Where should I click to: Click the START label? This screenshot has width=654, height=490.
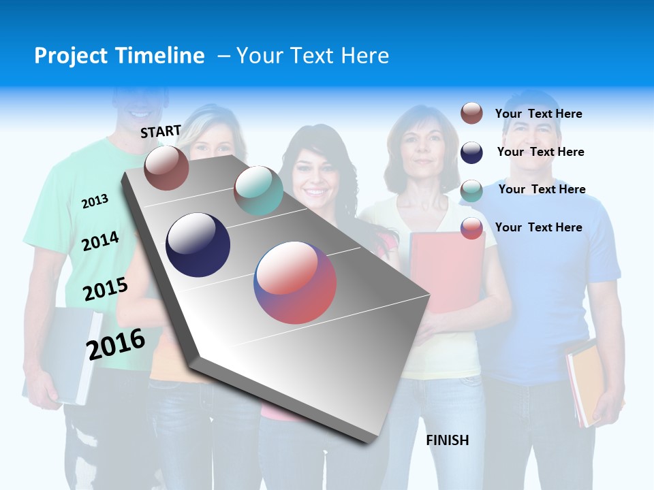pyautogui.click(x=161, y=131)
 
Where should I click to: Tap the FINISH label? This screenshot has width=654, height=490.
pyautogui.click(x=447, y=440)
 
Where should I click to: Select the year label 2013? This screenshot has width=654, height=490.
pyautogui.click(x=95, y=201)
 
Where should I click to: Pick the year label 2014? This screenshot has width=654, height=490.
pyautogui.click(x=100, y=242)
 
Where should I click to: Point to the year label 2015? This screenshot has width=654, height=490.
pyautogui.click(x=105, y=290)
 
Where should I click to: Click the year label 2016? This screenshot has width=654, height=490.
pyautogui.click(x=115, y=344)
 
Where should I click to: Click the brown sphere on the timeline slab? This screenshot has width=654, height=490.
pyautogui.click(x=166, y=168)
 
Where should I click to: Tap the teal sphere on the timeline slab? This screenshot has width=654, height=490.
pyautogui.click(x=258, y=191)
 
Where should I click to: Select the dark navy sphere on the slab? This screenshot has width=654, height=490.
pyautogui.click(x=198, y=245)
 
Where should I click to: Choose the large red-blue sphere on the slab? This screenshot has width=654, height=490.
pyautogui.click(x=295, y=282)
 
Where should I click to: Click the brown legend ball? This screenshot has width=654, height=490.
pyautogui.click(x=471, y=114)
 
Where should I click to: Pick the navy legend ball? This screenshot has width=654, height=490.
pyautogui.click(x=471, y=152)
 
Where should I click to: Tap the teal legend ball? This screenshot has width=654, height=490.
pyautogui.click(x=471, y=191)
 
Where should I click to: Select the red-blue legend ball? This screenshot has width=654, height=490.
pyautogui.click(x=471, y=228)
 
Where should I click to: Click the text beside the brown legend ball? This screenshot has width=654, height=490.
pyautogui.click(x=538, y=114)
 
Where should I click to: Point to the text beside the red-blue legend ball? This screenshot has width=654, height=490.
pyautogui.click(x=538, y=227)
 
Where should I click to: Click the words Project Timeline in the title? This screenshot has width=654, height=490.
pyautogui.click(x=119, y=56)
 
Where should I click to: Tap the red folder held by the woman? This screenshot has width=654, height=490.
pyautogui.click(x=446, y=272)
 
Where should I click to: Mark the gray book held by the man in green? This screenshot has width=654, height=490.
pyautogui.click(x=65, y=354)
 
